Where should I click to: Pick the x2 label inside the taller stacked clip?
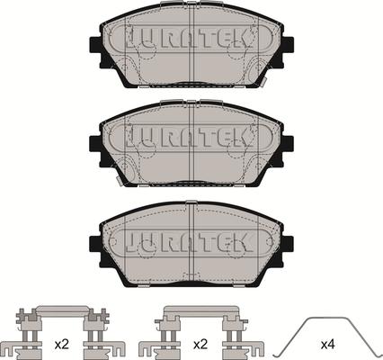coord(62,343)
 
